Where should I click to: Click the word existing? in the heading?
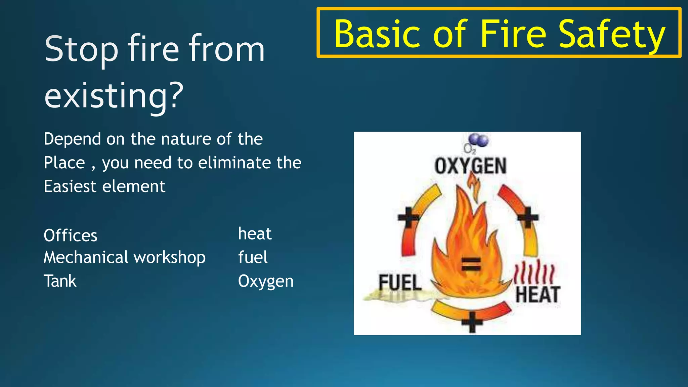(114, 95)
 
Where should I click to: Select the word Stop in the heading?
(81, 49)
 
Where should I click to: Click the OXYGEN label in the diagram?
(470, 166)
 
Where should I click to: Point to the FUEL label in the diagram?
(400, 282)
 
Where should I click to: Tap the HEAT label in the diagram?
(537, 295)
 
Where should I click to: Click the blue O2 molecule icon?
(479, 139)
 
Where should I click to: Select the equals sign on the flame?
(471, 264)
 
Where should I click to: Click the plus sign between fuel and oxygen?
(408, 217)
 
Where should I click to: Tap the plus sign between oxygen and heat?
(527, 217)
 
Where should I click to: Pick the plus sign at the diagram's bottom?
(472, 322)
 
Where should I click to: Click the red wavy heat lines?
(534, 272)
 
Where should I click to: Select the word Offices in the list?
(71, 235)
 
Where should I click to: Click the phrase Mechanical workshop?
(124, 258)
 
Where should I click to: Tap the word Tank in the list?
(60, 281)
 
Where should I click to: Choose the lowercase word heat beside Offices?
(255, 233)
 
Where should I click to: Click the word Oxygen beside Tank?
(265, 281)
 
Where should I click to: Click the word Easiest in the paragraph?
(70, 186)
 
